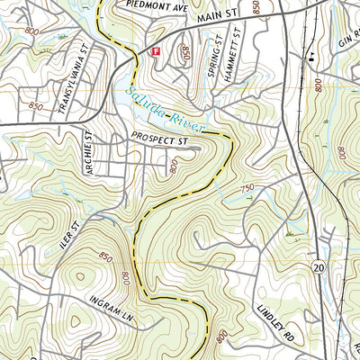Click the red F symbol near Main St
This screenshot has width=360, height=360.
pyautogui.click(x=156, y=52)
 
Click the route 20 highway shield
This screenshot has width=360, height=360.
pyautogui.click(x=319, y=267)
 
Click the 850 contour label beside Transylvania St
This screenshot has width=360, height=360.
pyautogui.click(x=36, y=106)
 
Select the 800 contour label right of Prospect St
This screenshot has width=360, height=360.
pyautogui.click(x=174, y=164)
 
